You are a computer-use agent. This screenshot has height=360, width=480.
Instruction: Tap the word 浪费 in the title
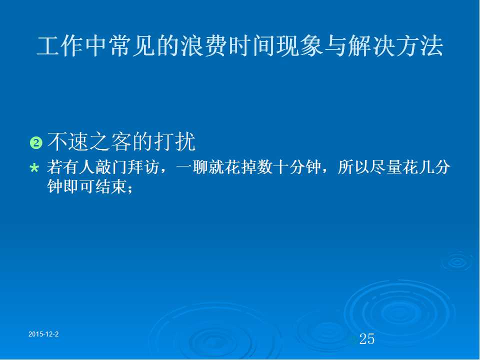[x=203, y=46]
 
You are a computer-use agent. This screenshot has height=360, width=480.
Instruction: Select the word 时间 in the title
[x=251, y=46]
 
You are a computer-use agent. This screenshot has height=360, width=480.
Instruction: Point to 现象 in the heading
[x=299, y=46]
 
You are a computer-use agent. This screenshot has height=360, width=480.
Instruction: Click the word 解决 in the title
[x=371, y=46]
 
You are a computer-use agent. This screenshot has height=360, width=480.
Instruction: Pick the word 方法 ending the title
[x=419, y=46]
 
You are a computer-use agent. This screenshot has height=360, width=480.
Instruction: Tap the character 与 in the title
[x=335, y=46]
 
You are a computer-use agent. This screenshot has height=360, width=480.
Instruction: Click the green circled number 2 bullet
[x=36, y=143]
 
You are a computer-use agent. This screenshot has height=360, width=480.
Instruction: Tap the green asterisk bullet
[x=34, y=168]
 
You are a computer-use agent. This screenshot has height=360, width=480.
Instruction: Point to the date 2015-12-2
[x=43, y=334]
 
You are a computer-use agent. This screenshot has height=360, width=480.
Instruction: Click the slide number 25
[x=366, y=339]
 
